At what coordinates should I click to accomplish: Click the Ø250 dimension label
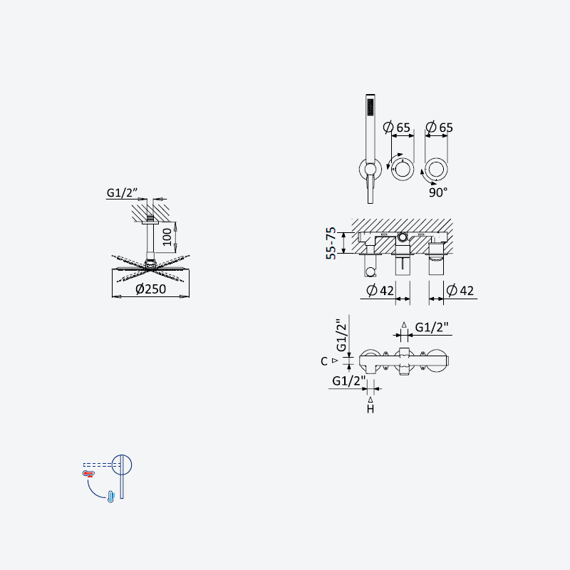[x=150, y=289]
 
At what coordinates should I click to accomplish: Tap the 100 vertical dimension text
[x=167, y=237]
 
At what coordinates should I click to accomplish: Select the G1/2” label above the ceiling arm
[x=122, y=192]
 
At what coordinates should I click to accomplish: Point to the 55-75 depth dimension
[x=331, y=243]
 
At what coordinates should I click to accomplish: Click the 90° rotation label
[x=438, y=192]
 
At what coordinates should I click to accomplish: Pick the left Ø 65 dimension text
[x=397, y=128]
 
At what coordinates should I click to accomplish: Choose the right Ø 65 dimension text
[x=439, y=128]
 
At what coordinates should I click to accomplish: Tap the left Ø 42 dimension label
[x=380, y=291]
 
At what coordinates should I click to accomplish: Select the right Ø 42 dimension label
[x=460, y=291]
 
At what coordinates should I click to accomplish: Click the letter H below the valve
[x=370, y=409]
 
